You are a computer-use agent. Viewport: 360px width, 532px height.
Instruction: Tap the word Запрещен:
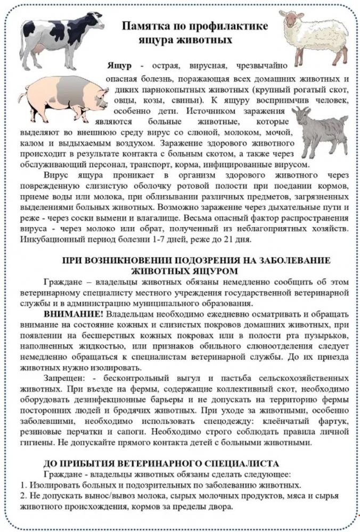tap(67, 378)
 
